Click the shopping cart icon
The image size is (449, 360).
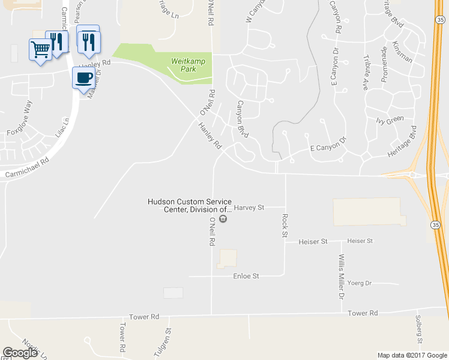coord(40,49)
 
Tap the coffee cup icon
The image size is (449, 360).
coord(83,77)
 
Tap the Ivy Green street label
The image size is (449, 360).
coord(390,121)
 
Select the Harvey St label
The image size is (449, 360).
coord(249,208)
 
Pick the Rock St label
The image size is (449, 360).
coord(285,224)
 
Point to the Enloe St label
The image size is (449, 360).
coord(246,276)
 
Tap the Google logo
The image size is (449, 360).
coord(20,353)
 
